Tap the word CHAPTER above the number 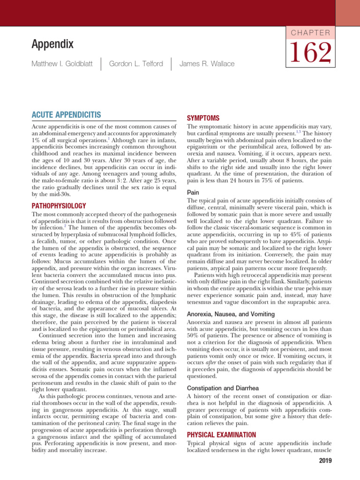coord(311,33)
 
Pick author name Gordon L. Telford coord(136,64)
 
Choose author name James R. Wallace coord(207,64)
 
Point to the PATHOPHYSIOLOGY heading coord(58,205)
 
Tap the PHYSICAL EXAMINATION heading coord(221,435)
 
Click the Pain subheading coord(193,192)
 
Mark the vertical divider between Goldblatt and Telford coord(101,64)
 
